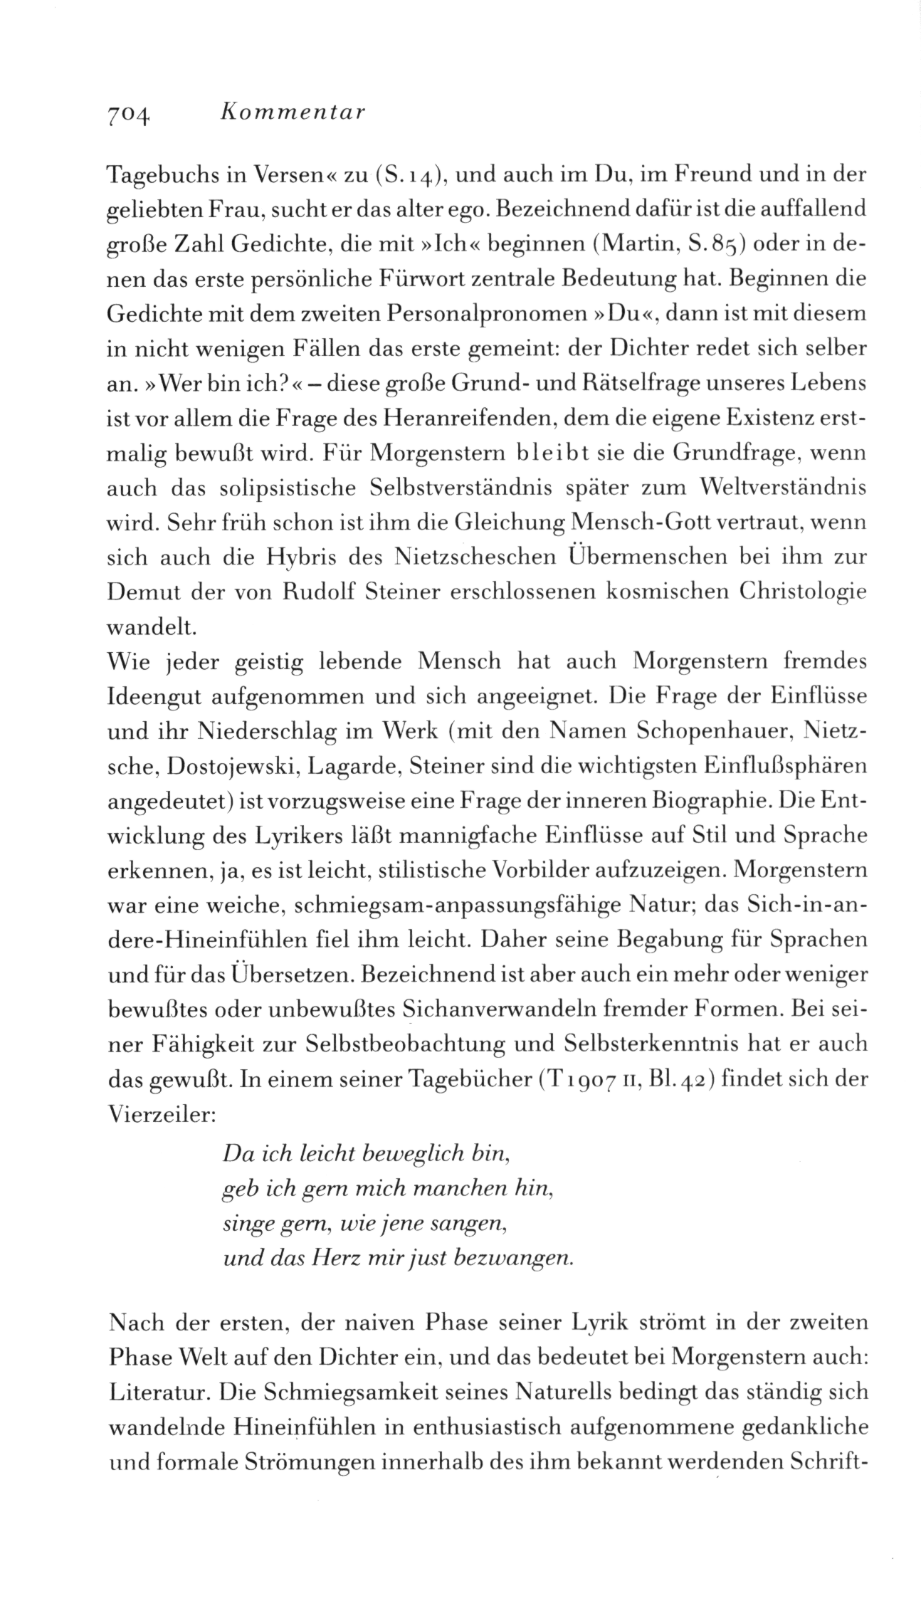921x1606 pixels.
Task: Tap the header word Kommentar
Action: pos(293,112)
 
